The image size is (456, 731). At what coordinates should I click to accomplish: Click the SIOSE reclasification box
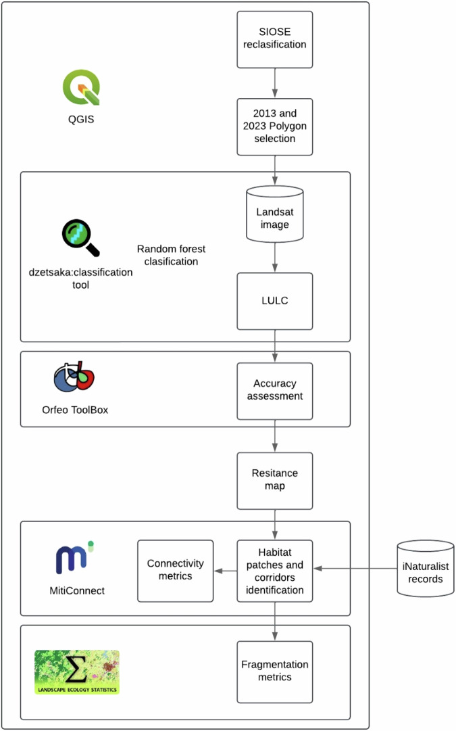275,39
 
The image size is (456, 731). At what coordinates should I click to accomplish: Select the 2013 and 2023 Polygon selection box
275,126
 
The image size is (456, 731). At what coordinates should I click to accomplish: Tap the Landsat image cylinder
275,214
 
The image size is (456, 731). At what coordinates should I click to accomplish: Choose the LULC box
275,301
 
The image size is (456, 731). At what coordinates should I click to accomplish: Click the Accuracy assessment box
275,390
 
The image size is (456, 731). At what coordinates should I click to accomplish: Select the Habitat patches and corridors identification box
275,570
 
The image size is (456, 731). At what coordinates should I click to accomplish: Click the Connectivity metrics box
175,570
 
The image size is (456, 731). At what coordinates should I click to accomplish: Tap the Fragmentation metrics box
275,671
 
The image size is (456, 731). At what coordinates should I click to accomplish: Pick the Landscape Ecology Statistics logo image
77,671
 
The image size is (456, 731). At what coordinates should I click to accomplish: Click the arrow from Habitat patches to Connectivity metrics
225,570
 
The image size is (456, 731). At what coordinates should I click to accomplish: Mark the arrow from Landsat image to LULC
275,257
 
